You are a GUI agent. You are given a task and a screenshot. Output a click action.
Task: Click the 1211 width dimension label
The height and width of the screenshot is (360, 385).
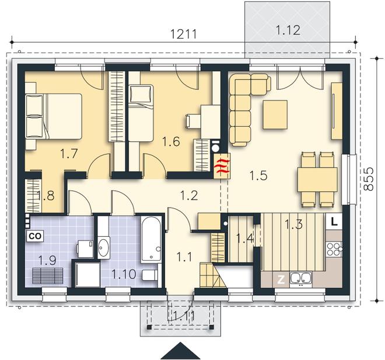(184, 34)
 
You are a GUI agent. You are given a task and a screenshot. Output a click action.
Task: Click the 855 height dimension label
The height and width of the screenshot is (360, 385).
(368, 179)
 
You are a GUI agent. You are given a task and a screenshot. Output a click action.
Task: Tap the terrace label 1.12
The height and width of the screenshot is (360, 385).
(288, 30)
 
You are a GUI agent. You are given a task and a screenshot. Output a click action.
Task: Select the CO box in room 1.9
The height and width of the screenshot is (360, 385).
(35, 236)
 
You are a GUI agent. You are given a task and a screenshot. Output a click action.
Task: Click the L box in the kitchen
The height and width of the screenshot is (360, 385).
(334, 222)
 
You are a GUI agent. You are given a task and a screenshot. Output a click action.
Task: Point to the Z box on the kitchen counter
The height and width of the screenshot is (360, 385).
(281, 279)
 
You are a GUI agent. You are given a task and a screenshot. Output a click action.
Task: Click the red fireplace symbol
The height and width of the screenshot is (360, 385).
(222, 166)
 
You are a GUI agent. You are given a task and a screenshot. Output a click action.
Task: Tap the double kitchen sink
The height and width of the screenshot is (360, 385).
(301, 279)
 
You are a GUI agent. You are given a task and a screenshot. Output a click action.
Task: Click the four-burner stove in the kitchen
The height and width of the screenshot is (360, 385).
(334, 249)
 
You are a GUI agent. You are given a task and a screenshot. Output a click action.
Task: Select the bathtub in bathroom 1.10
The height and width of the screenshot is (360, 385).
(151, 240)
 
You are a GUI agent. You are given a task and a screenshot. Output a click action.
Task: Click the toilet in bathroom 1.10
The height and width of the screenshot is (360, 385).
(150, 275)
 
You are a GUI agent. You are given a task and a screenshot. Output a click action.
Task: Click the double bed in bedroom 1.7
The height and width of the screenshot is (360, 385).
(54, 116)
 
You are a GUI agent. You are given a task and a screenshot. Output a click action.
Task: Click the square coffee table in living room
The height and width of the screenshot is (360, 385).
(275, 115)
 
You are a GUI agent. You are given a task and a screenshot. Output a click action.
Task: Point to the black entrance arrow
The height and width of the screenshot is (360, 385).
(180, 351)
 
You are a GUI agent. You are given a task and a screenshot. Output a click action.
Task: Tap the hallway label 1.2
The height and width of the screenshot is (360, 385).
(189, 195)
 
